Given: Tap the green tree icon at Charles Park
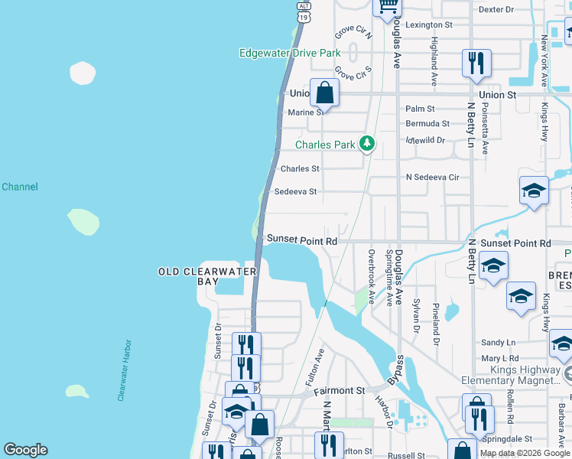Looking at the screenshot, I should click(368, 143).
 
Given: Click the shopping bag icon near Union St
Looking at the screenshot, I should click(324, 93).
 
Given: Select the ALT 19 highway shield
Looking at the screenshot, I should click(304, 10).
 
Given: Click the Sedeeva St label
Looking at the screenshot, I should click(295, 192).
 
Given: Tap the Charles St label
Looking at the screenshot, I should click(300, 169).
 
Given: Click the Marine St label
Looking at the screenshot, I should click(306, 112).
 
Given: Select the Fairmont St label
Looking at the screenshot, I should click(340, 391).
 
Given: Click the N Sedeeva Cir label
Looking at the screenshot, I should click(432, 177).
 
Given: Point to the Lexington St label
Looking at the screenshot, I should click(429, 24).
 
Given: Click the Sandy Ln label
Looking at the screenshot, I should click(499, 343).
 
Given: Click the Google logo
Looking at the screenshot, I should click(25, 450).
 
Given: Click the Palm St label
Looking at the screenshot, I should click(420, 109).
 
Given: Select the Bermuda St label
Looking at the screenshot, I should click(427, 123).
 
